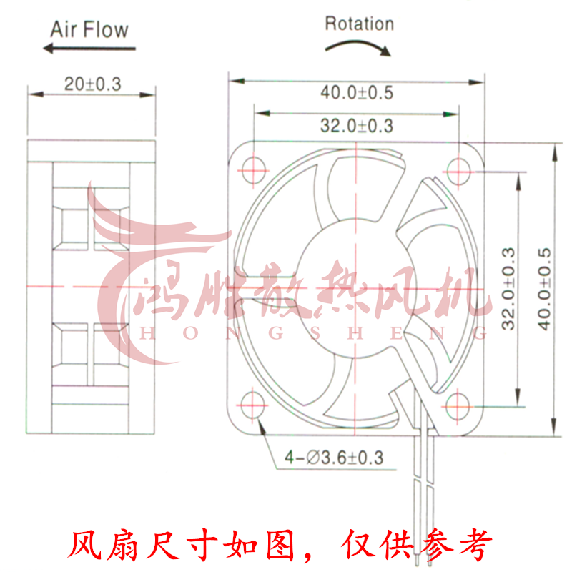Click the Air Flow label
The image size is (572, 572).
[89, 29]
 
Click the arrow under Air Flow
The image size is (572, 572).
[89, 48]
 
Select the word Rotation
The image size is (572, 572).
[359, 24]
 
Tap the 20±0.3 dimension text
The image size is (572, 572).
[92, 84]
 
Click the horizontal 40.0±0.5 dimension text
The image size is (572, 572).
[357, 92]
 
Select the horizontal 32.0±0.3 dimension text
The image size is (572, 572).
[356, 126]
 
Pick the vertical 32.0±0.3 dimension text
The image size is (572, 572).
[508, 287]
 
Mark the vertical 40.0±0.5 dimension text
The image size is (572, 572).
[544, 287]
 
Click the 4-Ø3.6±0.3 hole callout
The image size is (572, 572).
[335, 456]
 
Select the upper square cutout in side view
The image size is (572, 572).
[74, 227]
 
